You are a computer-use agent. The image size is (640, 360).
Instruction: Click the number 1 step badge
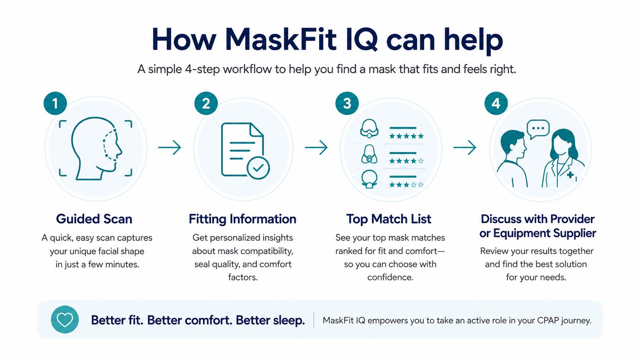[55, 103]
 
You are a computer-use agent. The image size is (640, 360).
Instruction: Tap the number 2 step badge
[206, 103]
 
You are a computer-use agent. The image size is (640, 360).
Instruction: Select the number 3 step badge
[347, 103]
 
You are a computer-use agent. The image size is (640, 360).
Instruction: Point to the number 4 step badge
[496, 103]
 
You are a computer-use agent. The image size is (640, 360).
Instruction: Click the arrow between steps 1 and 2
[170, 148]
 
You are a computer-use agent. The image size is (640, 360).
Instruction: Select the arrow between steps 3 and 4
[465, 148]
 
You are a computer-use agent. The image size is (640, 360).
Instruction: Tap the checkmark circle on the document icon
[258, 168]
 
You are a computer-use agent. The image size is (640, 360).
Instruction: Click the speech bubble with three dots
[538, 129]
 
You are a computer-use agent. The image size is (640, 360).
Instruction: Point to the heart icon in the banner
[65, 319]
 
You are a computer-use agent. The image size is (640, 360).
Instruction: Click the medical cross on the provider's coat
[570, 175]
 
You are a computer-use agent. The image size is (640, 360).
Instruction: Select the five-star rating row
[406, 136]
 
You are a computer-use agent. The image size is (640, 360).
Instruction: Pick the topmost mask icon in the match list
[369, 129]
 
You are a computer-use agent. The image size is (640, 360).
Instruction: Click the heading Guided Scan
[94, 219]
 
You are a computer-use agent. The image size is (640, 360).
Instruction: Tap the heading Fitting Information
[242, 219]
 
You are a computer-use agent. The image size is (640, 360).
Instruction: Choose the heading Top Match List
[389, 219]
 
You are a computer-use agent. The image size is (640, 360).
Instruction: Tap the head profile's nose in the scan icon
[120, 151]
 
